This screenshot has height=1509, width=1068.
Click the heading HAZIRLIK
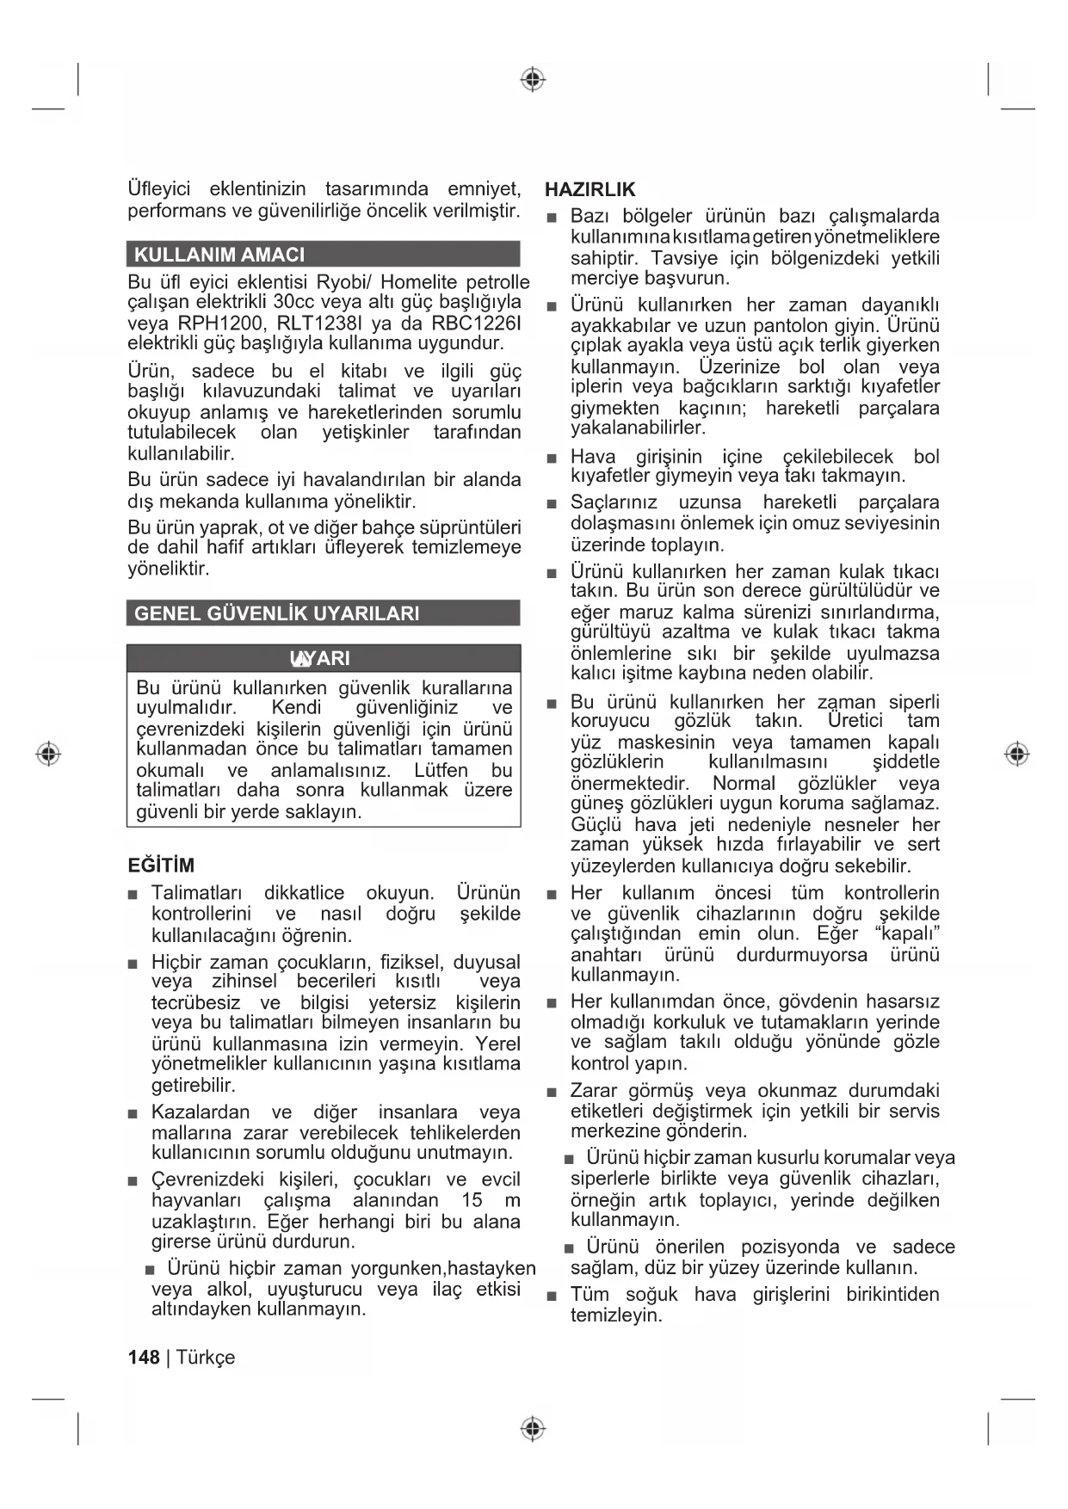590,190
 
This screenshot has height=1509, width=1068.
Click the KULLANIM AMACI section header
219,255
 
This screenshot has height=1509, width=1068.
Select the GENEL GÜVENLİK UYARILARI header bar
277,613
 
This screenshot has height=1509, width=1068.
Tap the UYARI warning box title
321,659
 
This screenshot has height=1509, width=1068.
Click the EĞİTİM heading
161,865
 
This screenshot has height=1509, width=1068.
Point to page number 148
144,1358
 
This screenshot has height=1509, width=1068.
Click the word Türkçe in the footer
206,1358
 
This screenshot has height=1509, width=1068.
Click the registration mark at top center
534,80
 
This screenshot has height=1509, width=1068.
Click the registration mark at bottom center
534,1429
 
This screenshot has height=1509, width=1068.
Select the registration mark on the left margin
49,754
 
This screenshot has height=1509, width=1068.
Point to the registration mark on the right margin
1017,754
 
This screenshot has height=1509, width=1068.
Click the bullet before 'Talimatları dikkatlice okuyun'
133,895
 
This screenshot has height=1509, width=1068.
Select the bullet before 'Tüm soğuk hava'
552,1296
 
